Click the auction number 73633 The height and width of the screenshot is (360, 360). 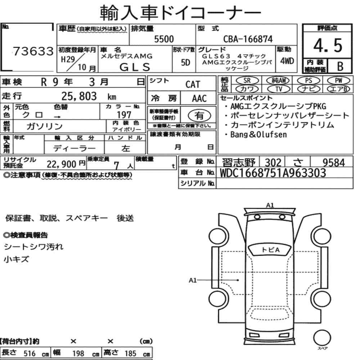(x=33, y=51)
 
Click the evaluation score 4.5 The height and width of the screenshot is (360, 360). (x=328, y=45)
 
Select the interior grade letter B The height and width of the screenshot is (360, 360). (x=340, y=66)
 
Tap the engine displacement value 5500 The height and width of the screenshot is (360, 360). (x=164, y=39)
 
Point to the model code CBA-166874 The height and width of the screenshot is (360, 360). (x=248, y=39)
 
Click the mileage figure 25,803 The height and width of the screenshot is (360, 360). (x=79, y=96)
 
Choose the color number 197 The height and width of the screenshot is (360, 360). (x=124, y=114)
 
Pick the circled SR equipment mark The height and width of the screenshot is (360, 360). (x=247, y=81)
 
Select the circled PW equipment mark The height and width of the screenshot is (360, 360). (x=338, y=81)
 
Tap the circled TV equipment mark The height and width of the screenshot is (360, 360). (x=279, y=89)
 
